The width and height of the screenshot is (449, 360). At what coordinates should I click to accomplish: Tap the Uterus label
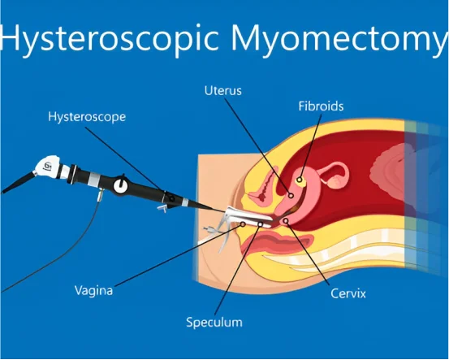[223, 90]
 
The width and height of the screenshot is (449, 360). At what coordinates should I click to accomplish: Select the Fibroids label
[321, 106]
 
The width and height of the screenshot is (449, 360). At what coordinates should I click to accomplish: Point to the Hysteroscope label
[87, 117]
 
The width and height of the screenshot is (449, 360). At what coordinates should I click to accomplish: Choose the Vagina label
[93, 290]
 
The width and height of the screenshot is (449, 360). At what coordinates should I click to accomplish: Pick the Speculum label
[214, 323]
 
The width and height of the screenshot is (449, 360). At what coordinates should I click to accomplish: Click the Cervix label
[348, 293]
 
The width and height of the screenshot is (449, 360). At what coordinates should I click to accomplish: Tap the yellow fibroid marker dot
[300, 180]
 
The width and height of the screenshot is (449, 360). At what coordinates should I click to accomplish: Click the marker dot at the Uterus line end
[291, 196]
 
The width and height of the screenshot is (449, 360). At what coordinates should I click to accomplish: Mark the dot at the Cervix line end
[286, 221]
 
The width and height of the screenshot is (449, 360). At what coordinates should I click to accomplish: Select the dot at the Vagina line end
[243, 224]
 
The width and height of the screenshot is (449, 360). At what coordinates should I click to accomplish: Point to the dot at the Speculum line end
[261, 223]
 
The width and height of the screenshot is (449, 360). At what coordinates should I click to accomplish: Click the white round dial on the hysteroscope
[120, 186]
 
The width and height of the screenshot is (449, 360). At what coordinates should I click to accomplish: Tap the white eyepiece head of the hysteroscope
[47, 166]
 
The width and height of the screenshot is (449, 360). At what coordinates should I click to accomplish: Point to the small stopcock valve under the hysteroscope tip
[162, 208]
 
